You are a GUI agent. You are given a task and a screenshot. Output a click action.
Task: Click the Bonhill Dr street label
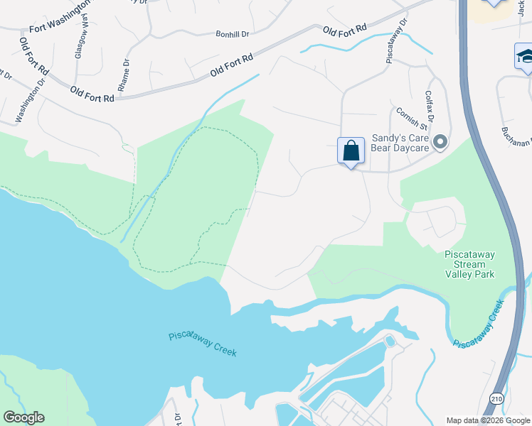click(x=233, y=33)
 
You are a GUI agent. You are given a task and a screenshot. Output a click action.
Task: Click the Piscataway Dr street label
click(x=396, y=41)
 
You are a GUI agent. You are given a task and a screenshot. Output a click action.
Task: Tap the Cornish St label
click(x=410, y=116)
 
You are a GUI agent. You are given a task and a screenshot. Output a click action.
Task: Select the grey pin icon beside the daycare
click(x=440, y=143)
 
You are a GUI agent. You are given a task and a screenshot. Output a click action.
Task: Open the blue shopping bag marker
click(x=351, y=151)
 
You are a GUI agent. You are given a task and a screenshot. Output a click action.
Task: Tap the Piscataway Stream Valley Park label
click(x=469, y=263)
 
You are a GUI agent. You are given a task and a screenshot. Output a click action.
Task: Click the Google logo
click(x=23, y=417)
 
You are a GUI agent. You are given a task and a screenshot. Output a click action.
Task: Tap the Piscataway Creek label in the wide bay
click(x=203, y=344)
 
